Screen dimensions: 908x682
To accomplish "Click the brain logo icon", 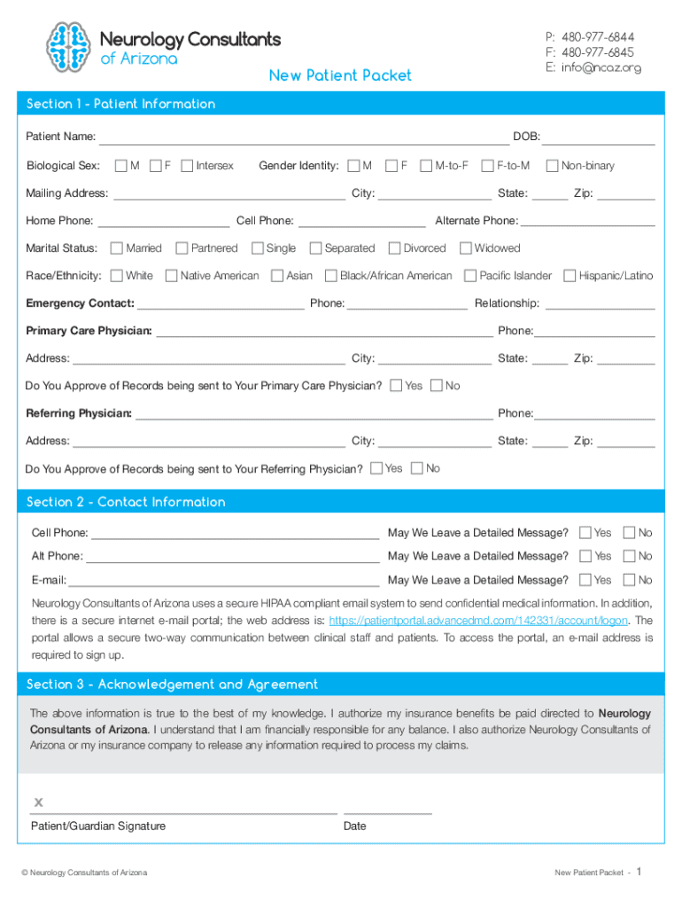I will (x=68, y=46).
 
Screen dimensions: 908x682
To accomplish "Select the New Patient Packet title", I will (x=340, y=75).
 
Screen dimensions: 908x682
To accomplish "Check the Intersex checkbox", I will (x=187, y=166).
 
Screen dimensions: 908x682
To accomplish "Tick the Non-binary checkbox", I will (x=553, y=166).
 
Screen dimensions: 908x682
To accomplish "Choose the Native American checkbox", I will (x=172, y=276).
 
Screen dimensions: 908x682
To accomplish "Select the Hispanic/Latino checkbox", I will (x=570, y=276).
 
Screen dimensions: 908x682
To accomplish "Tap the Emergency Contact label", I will (x=80, y=303).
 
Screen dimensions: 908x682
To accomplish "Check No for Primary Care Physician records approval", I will (x=436, y=386).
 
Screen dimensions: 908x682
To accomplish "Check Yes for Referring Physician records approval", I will (x=377, y=468).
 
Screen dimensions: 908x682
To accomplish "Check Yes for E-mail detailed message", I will (x=585, y=580).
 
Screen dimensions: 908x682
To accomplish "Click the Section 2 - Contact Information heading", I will (x=126, y=502).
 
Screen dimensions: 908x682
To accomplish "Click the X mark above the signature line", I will (x=38, y=802).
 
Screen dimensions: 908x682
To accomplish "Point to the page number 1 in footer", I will (x=639, y=872).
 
